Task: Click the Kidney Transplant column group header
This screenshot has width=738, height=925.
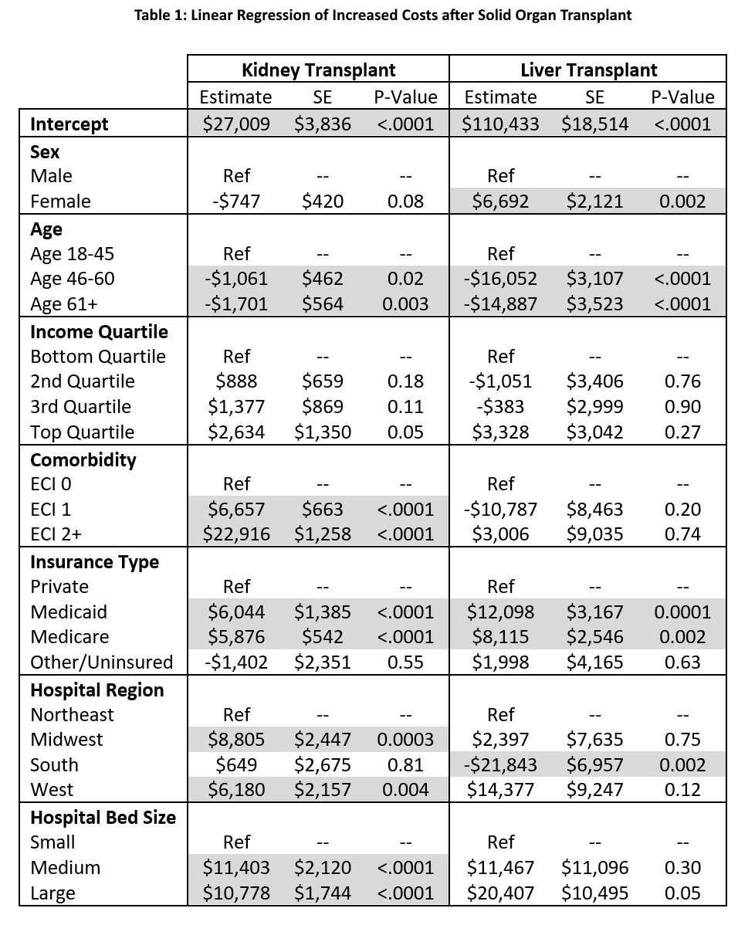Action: (x=319, y=70)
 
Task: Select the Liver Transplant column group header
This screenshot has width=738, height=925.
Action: (x=589, y=70)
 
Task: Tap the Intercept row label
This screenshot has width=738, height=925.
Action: (x=69, y=124)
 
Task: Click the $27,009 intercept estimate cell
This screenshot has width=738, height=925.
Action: (x=236, y=124)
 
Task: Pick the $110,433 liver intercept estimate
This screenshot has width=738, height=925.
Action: (x=500, y=124)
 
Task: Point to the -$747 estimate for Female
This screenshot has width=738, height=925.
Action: (x=236, y=202)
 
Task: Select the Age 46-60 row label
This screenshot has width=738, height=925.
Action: (x=73, y=279)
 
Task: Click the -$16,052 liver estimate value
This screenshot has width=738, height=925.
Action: (x=500, y=279)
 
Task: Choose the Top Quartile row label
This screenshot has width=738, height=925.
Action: (x=82, y=432)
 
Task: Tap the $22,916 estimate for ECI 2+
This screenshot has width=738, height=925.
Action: (x=236, y=534)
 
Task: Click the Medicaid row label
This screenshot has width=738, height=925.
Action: (x=69, y=612)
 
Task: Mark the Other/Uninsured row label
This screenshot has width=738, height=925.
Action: (x=101, y=662)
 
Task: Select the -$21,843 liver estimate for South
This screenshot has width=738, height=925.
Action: (x=500, y=764)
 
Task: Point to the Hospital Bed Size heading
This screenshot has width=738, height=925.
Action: (x=103, y=817)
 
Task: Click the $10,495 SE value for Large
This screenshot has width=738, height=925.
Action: (x=594, y=893)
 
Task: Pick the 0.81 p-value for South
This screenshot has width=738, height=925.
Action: (x=405, y=764)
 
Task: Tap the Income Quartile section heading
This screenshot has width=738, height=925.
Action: (x=99, y=331)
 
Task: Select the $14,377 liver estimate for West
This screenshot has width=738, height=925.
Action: (x=500, y=789)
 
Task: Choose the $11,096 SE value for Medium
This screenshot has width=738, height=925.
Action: (x=594, y=867)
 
